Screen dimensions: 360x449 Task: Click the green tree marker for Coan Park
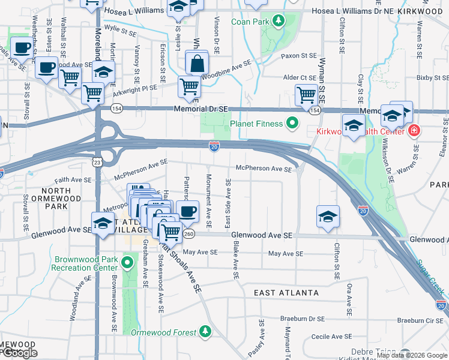278,22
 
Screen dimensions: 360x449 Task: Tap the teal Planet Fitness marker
292,124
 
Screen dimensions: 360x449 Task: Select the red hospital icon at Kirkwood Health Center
414,130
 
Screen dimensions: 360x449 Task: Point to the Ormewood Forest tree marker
205,332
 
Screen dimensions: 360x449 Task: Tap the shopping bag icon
196,62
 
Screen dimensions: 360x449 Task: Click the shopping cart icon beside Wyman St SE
306,95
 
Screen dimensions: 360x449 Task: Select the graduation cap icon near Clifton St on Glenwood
328,217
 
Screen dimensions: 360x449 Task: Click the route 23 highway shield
97,161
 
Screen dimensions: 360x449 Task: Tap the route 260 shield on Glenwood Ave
189,233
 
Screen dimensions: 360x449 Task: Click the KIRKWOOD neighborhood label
425,11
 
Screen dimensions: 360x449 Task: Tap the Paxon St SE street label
298,56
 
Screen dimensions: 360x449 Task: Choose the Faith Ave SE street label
72,179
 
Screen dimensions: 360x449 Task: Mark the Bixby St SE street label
432,77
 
